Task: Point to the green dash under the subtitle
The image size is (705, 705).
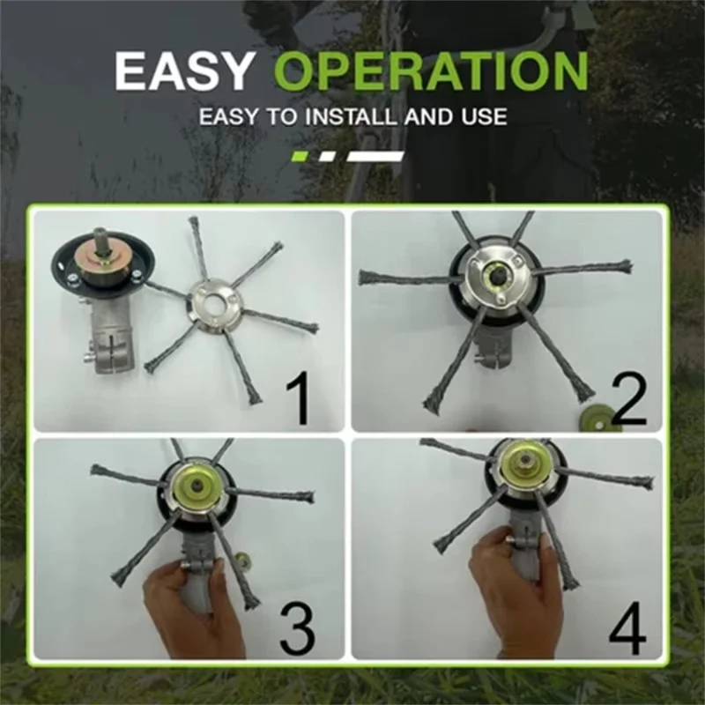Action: point(300,156)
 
